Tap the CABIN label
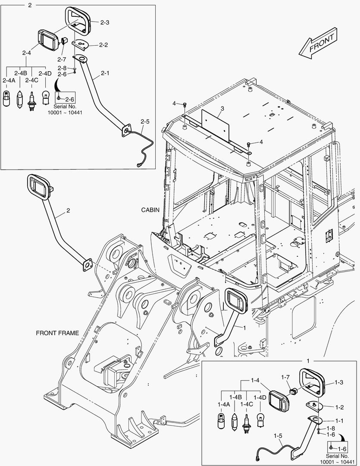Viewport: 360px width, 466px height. [150, 209]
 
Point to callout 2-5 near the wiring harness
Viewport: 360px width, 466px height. [145, 122]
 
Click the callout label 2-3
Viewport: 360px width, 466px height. [104, 22]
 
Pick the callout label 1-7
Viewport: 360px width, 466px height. [285, 377]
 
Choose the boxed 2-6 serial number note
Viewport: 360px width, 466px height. [66, 99]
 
